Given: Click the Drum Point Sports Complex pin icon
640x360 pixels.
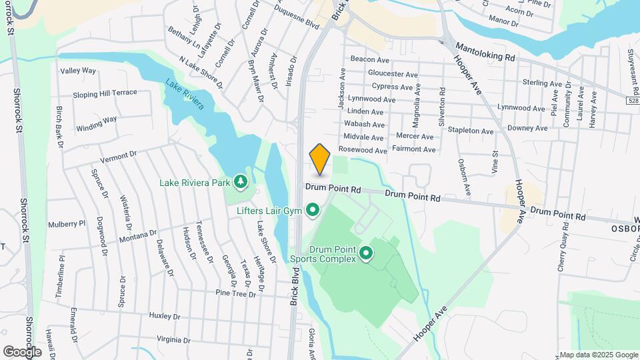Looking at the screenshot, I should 365,253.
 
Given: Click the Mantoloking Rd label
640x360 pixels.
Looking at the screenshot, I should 485,52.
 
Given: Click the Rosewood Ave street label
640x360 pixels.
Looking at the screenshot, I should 363,151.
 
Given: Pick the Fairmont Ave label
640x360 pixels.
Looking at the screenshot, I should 415,149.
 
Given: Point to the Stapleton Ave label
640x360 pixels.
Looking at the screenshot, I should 471,130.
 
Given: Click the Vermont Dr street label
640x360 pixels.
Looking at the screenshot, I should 118,157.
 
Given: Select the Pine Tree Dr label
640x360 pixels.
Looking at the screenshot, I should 236,293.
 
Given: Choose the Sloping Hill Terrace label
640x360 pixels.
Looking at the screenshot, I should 105,94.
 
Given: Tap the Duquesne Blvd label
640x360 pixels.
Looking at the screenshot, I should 299,20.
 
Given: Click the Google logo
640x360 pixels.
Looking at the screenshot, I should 22,351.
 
